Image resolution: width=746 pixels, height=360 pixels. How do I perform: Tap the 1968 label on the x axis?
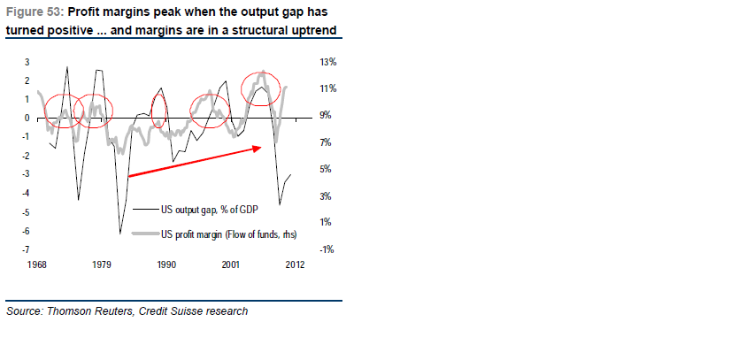38,264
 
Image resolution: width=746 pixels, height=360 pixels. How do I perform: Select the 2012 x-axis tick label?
295,264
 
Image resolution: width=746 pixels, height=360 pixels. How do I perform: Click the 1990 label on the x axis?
166,264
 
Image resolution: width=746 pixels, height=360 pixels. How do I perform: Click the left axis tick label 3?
27,62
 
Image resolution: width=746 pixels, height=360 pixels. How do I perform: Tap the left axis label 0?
27,118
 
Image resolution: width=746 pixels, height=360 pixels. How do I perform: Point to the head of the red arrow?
263,148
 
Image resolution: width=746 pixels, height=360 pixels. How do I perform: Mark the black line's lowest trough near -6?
119,233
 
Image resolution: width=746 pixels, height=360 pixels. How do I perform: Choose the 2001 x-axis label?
231,264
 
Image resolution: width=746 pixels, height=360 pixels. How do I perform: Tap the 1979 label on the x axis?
103,264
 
